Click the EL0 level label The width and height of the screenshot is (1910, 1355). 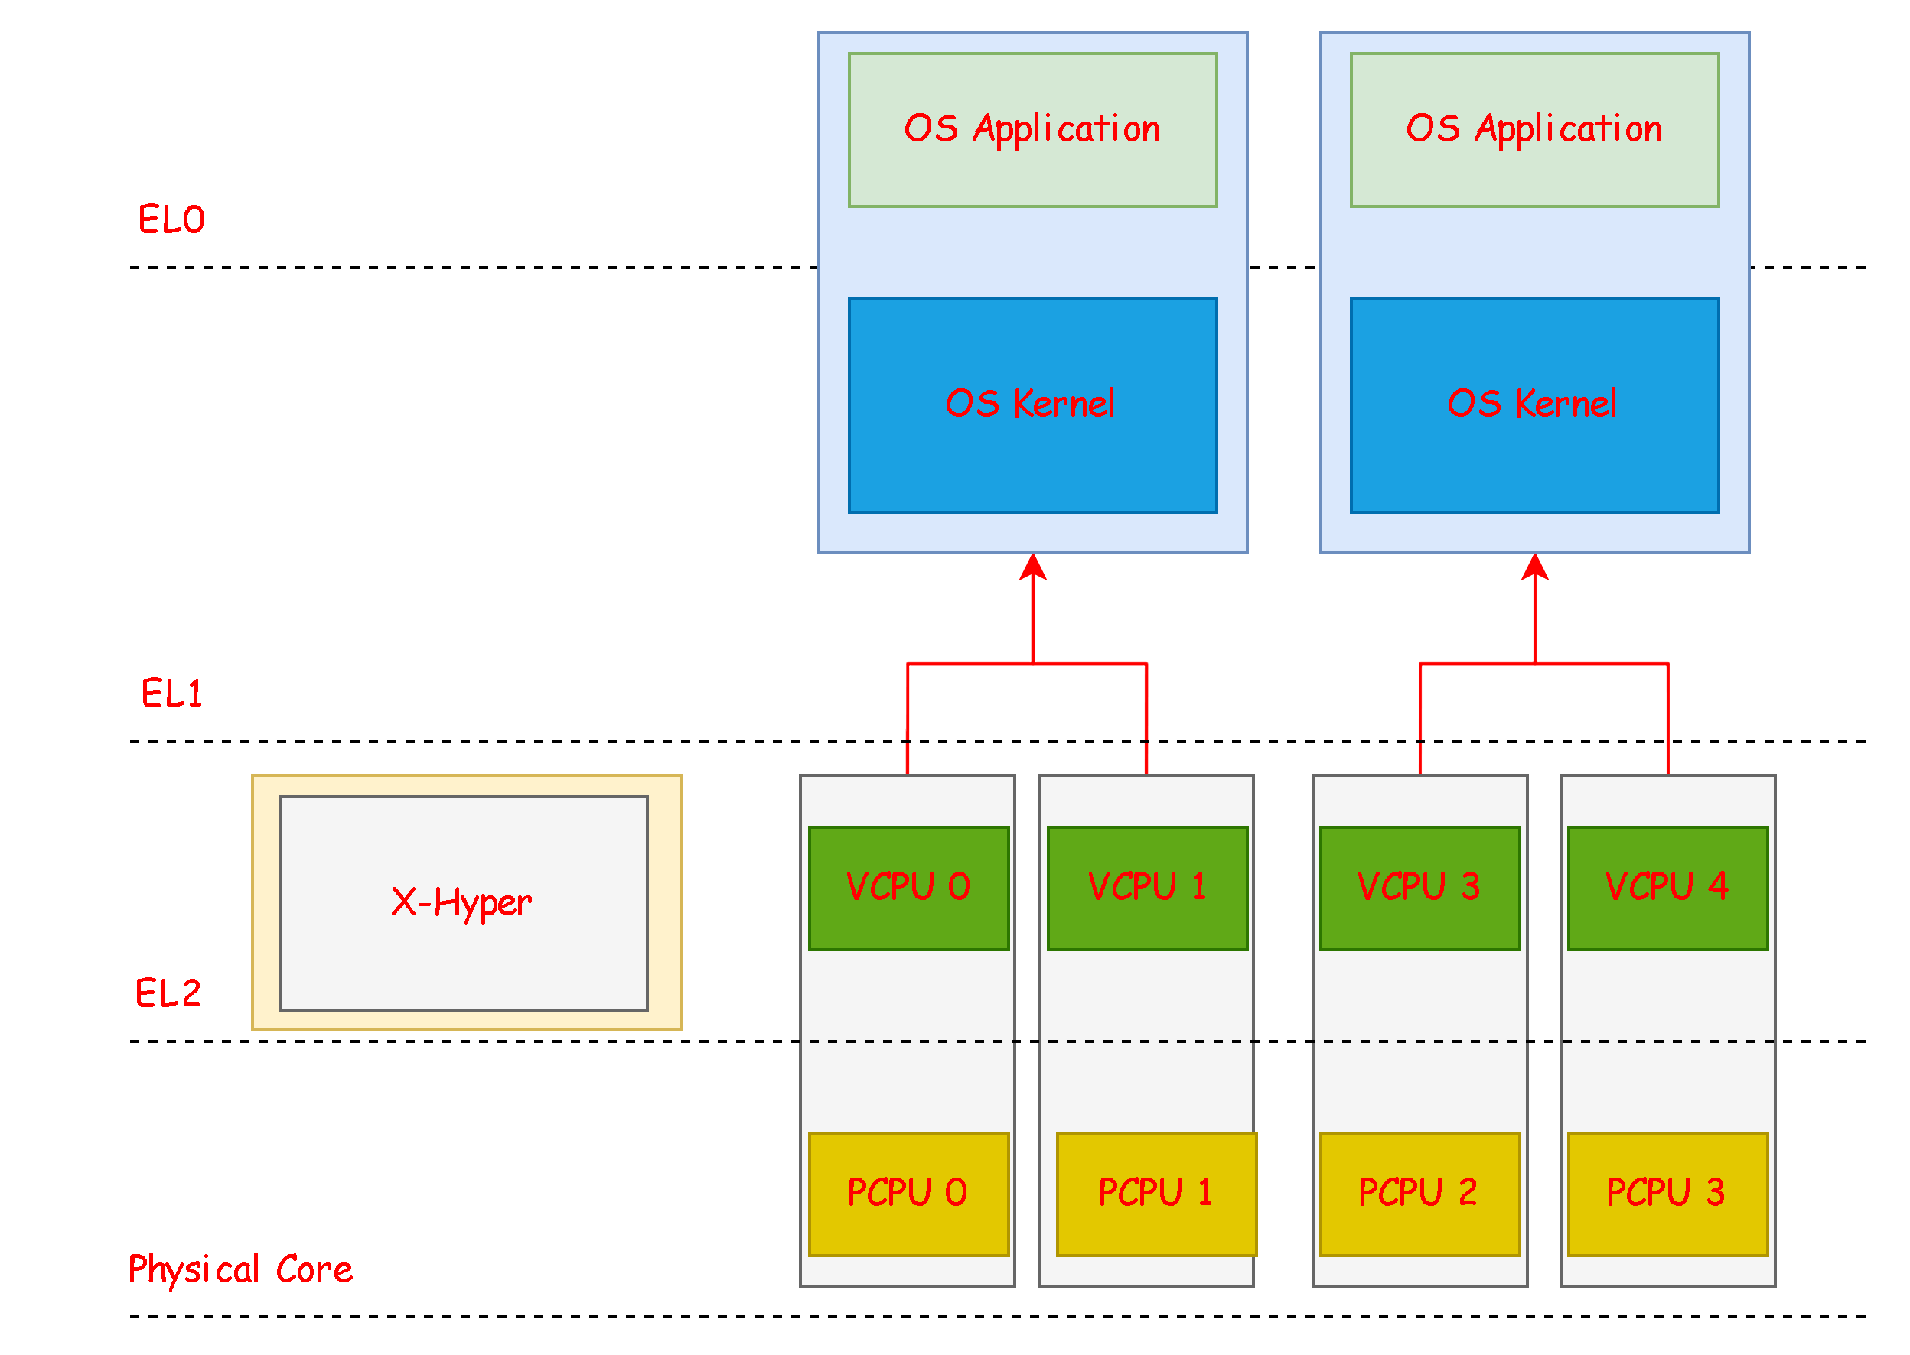171,219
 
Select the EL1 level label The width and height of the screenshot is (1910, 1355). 171,694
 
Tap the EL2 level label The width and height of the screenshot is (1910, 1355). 168,993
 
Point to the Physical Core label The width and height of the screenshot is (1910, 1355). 240,1269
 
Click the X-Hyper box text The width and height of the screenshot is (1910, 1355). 461,903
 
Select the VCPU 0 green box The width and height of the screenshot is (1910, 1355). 908,888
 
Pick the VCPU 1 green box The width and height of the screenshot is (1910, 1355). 1147,888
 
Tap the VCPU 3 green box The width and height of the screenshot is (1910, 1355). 1419,888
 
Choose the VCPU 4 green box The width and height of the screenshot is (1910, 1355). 1667,888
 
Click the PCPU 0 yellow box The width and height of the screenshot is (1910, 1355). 908,1193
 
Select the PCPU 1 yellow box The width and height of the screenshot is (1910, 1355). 1156,1193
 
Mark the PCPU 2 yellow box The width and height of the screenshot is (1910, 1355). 1419,1193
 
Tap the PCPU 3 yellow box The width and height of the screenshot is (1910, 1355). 1667,1193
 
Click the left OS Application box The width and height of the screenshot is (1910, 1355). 1032,129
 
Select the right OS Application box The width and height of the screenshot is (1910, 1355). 1534,129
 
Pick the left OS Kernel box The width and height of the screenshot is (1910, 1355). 1032,405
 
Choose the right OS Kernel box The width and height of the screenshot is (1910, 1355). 1534,405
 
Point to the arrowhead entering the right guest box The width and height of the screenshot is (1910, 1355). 1534,567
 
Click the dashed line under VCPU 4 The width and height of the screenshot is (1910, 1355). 1667,1041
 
